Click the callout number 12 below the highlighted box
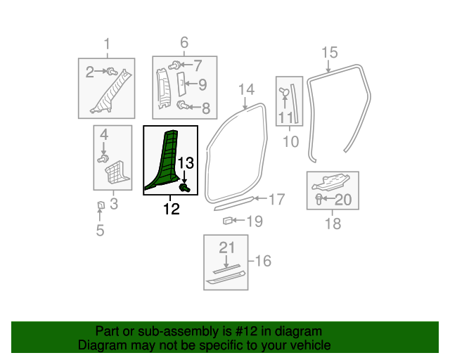click(171, 209)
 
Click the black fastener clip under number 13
click(186, 188)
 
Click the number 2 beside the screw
click(90, 71)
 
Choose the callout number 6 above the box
click(184, 43)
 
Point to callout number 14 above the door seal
click(245, 89)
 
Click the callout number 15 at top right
click(329, 52)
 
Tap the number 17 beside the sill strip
click(276, 200)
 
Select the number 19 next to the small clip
click(254, 221)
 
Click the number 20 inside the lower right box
click(342, 200)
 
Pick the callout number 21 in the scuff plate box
click(226, 247)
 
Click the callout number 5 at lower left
click(100, 230)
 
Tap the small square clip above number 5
click(101, 205)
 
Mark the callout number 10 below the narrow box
click(290, 142)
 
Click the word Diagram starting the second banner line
click(102, 345)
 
